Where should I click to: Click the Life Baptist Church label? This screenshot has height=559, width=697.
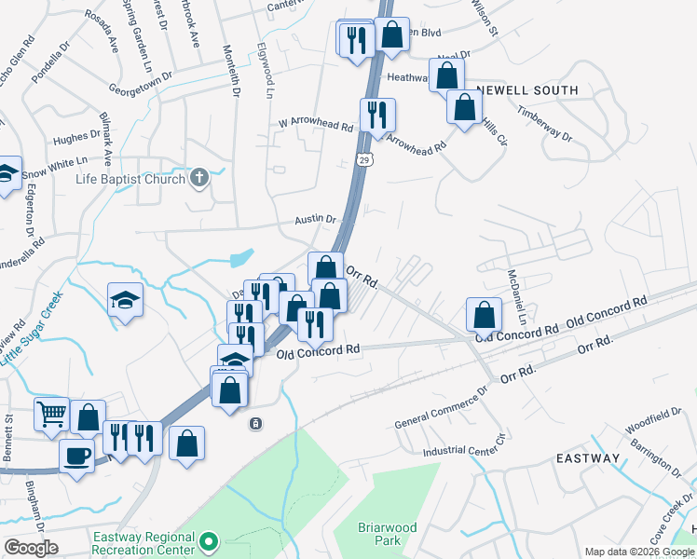pyautogui.click(x=130, y=178)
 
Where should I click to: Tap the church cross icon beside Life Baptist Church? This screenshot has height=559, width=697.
pyautogui.click(x=199, y=177)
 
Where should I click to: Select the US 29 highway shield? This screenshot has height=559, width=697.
pyautogui.click(x=368, y=160)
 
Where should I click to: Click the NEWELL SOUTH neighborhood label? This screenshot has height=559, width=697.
pyautogui.click(x=526, y=90)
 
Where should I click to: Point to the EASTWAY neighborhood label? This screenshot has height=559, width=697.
pyautogui.click(x=588, y=458)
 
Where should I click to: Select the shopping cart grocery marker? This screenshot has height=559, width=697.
pyautogui.click(x=51, y=413)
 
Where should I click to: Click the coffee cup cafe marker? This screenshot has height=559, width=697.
pyautogui.click(x=76, y=457)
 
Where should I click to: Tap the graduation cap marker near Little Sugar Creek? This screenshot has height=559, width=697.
pyautogui.click(x=125, y=300)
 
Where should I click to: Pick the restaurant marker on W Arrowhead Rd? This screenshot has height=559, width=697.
pyautogui.click(x=377, y=116)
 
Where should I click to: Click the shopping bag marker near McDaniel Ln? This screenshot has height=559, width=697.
pyautogui.click(x=484, y=314)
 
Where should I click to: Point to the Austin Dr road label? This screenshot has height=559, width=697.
pyautogui.click(x=315, y=220)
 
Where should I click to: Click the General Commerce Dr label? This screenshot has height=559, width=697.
pyautogui.click(x=441, y=406)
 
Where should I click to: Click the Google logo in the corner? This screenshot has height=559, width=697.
pyautogui.click(x=31, y=548)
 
